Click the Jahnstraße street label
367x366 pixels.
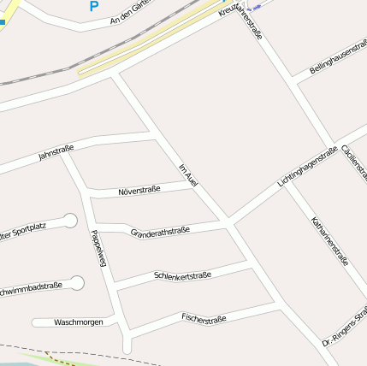click(56, 153)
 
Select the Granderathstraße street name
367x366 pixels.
click(160, 232)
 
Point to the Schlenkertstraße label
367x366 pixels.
click(182, 274)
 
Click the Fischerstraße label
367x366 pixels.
click(204, 319)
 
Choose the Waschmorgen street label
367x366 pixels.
click(78, 322)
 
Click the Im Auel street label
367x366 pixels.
click(189, 175)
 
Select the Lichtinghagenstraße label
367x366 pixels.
click(307, 167)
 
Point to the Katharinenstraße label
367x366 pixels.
click(330, 240)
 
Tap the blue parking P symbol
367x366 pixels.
click(93, 7)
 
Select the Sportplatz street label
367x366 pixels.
click(29, 228)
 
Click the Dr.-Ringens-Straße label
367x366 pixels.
click(345, 326)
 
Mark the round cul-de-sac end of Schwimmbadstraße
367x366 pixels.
click(78, 282)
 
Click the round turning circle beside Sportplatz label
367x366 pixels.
click(70, 221)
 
